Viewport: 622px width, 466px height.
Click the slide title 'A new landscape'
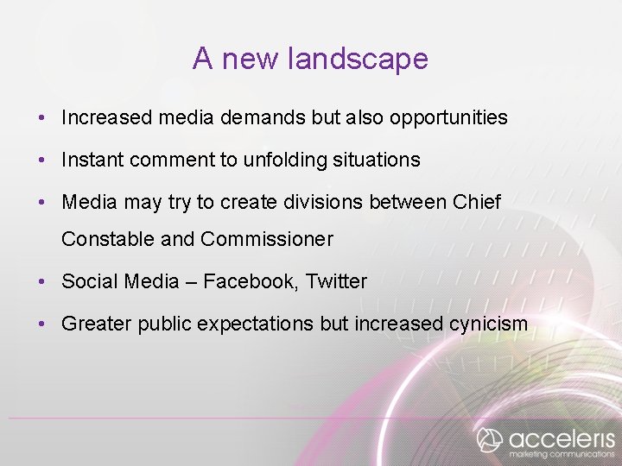310,59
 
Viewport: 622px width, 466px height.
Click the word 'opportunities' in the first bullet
448,117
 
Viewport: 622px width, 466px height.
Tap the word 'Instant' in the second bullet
92,160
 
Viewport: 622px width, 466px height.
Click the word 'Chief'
476,202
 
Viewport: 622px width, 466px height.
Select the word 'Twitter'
336,281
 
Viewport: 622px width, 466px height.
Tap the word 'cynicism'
488,324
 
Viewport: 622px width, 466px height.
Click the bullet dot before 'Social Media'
42,282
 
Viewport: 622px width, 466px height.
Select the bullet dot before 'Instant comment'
42,161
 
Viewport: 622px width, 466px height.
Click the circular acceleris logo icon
490,438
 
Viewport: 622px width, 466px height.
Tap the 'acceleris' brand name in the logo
562,437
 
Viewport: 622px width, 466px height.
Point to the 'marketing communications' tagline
562,454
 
